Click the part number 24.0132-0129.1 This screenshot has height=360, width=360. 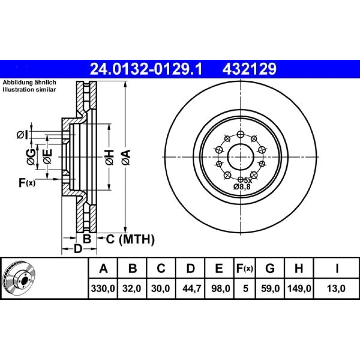coord(146,69)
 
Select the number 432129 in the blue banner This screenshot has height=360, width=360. coord(249,69)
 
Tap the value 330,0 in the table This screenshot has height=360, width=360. coord(103,288)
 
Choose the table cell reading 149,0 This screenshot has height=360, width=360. coord(299,288)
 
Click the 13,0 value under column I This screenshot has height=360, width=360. coord(336,288)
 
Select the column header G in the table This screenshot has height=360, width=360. coord(270,268)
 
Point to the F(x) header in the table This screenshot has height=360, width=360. coord(244,268)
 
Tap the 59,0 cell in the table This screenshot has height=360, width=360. coord(270,288)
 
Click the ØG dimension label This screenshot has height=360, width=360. coord(31,157)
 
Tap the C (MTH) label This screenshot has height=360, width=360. coord(130,239)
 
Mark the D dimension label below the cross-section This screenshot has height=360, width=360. coord(78,248)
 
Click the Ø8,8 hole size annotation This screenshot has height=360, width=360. coord(242,187)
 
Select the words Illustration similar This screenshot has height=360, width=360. coord(29,90)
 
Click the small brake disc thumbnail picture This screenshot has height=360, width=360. coord(19,278)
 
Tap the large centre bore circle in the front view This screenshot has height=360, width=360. coord(240,157)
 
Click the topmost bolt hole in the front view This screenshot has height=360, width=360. coord(240,134)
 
